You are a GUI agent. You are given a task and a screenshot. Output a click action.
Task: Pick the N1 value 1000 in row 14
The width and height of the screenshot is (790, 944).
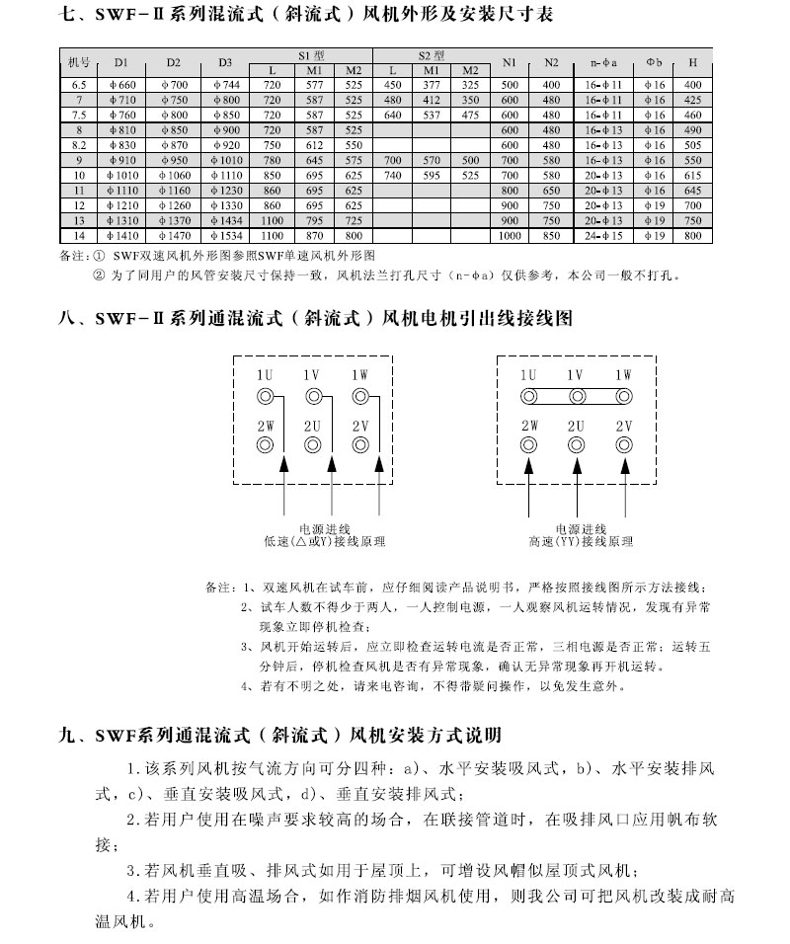pyautogui.click(x=510, y=237)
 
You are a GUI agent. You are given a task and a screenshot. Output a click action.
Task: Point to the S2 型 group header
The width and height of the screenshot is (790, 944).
pyautogui.click(x=432, y=54)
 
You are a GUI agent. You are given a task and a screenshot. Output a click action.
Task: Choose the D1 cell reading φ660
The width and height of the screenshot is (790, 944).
pyautogui.click(x=120, y=86)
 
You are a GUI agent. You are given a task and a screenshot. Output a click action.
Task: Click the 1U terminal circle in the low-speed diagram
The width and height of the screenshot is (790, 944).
pyautogui.click(x=265, y=397)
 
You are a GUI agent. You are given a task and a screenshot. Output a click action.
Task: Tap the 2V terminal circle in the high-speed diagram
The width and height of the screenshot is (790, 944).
pyautogui.click(x=623, y=444)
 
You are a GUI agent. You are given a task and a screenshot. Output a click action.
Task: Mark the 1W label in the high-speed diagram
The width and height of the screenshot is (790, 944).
pyautogui.click(x=623, y=375)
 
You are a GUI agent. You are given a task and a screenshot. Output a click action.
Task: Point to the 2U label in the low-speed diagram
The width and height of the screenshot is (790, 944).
pyautogui.click(x=313, y=425)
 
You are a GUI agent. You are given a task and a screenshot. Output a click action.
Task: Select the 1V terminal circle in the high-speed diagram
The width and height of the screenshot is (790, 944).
pyautogui.click(x=576, y=397)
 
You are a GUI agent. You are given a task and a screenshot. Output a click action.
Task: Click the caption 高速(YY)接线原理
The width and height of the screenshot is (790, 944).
pyautogui.click(x=580, y=542)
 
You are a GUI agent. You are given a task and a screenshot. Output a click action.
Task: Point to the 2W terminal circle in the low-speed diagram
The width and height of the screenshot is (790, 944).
pyautogui.click(x=265, y=444)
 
